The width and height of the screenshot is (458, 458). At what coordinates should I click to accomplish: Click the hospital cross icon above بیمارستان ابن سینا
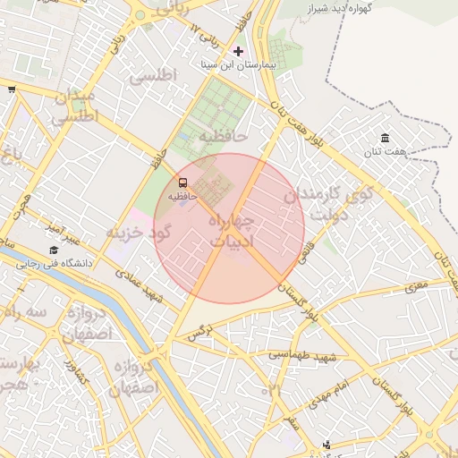coord(237,51)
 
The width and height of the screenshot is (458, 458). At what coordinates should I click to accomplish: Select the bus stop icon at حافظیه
coord(182,182)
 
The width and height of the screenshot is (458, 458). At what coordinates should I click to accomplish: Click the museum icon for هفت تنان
coord(385,138)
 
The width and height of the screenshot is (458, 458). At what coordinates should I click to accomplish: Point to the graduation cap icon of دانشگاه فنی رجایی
coord(54,250)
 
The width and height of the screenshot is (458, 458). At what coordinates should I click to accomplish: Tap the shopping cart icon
coord(11,89)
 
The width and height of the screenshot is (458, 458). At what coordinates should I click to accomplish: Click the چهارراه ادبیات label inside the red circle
coord(231,230)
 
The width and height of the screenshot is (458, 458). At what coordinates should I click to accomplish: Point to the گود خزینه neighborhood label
coord(138,233)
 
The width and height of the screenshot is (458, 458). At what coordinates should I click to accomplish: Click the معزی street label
coord(416,286)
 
